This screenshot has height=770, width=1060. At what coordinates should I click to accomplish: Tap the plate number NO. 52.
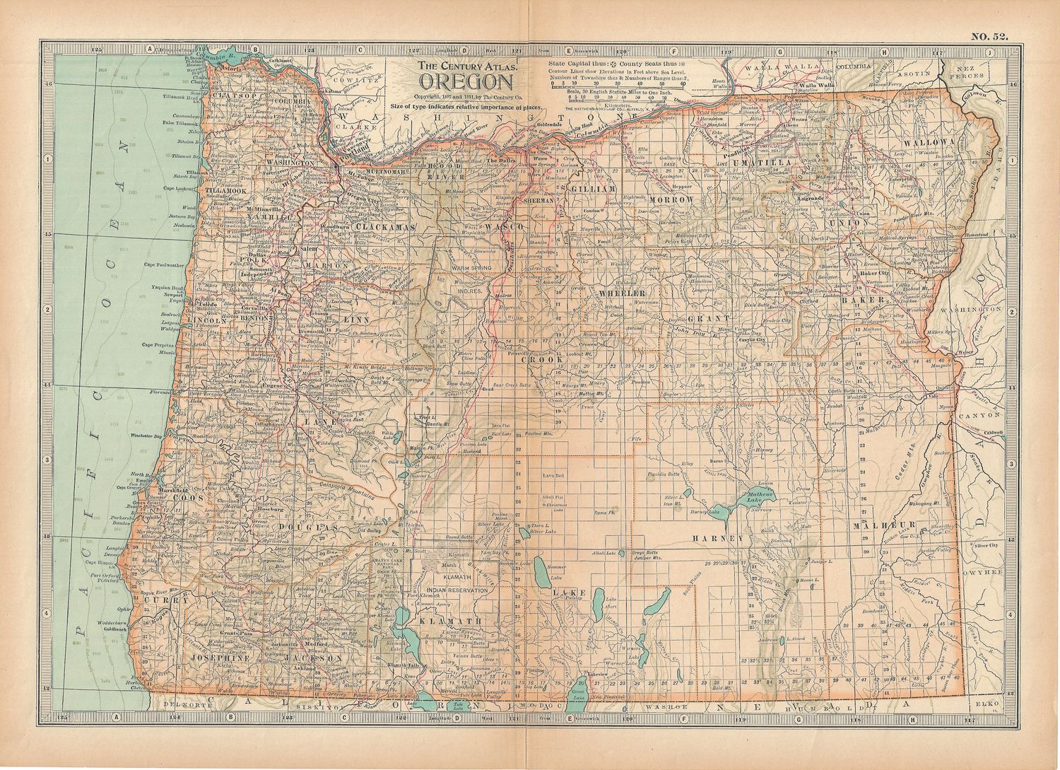pos(989,36)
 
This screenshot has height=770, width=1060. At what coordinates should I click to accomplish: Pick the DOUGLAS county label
pos(307,527)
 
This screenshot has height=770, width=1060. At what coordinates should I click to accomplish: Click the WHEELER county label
pos(622,292)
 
